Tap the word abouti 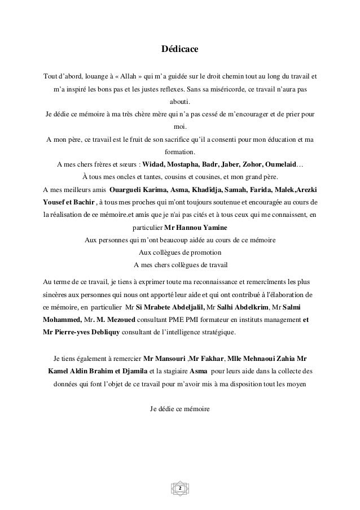point(180,102)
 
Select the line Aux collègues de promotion point(180,252)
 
